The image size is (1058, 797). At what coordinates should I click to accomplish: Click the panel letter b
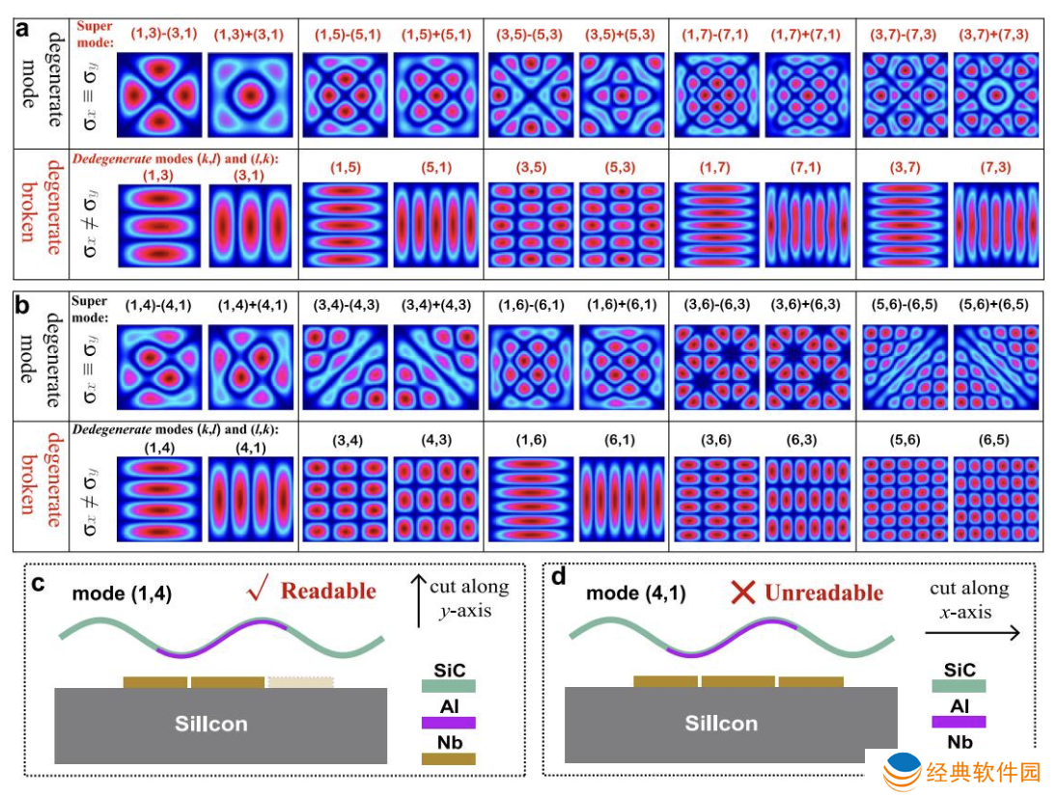point(22,306)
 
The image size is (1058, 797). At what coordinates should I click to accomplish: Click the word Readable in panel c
point(328,591)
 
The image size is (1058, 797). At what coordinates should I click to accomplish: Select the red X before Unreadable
point(743,592)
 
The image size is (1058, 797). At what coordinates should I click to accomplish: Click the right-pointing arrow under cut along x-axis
point(972,632)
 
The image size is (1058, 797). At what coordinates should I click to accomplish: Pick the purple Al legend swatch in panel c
point(448,722)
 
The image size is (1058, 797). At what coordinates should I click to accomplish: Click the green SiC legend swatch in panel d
point(959,686)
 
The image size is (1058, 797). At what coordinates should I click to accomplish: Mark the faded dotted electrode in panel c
point(301,682)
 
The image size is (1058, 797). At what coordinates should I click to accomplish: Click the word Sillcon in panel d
point(721,724)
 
